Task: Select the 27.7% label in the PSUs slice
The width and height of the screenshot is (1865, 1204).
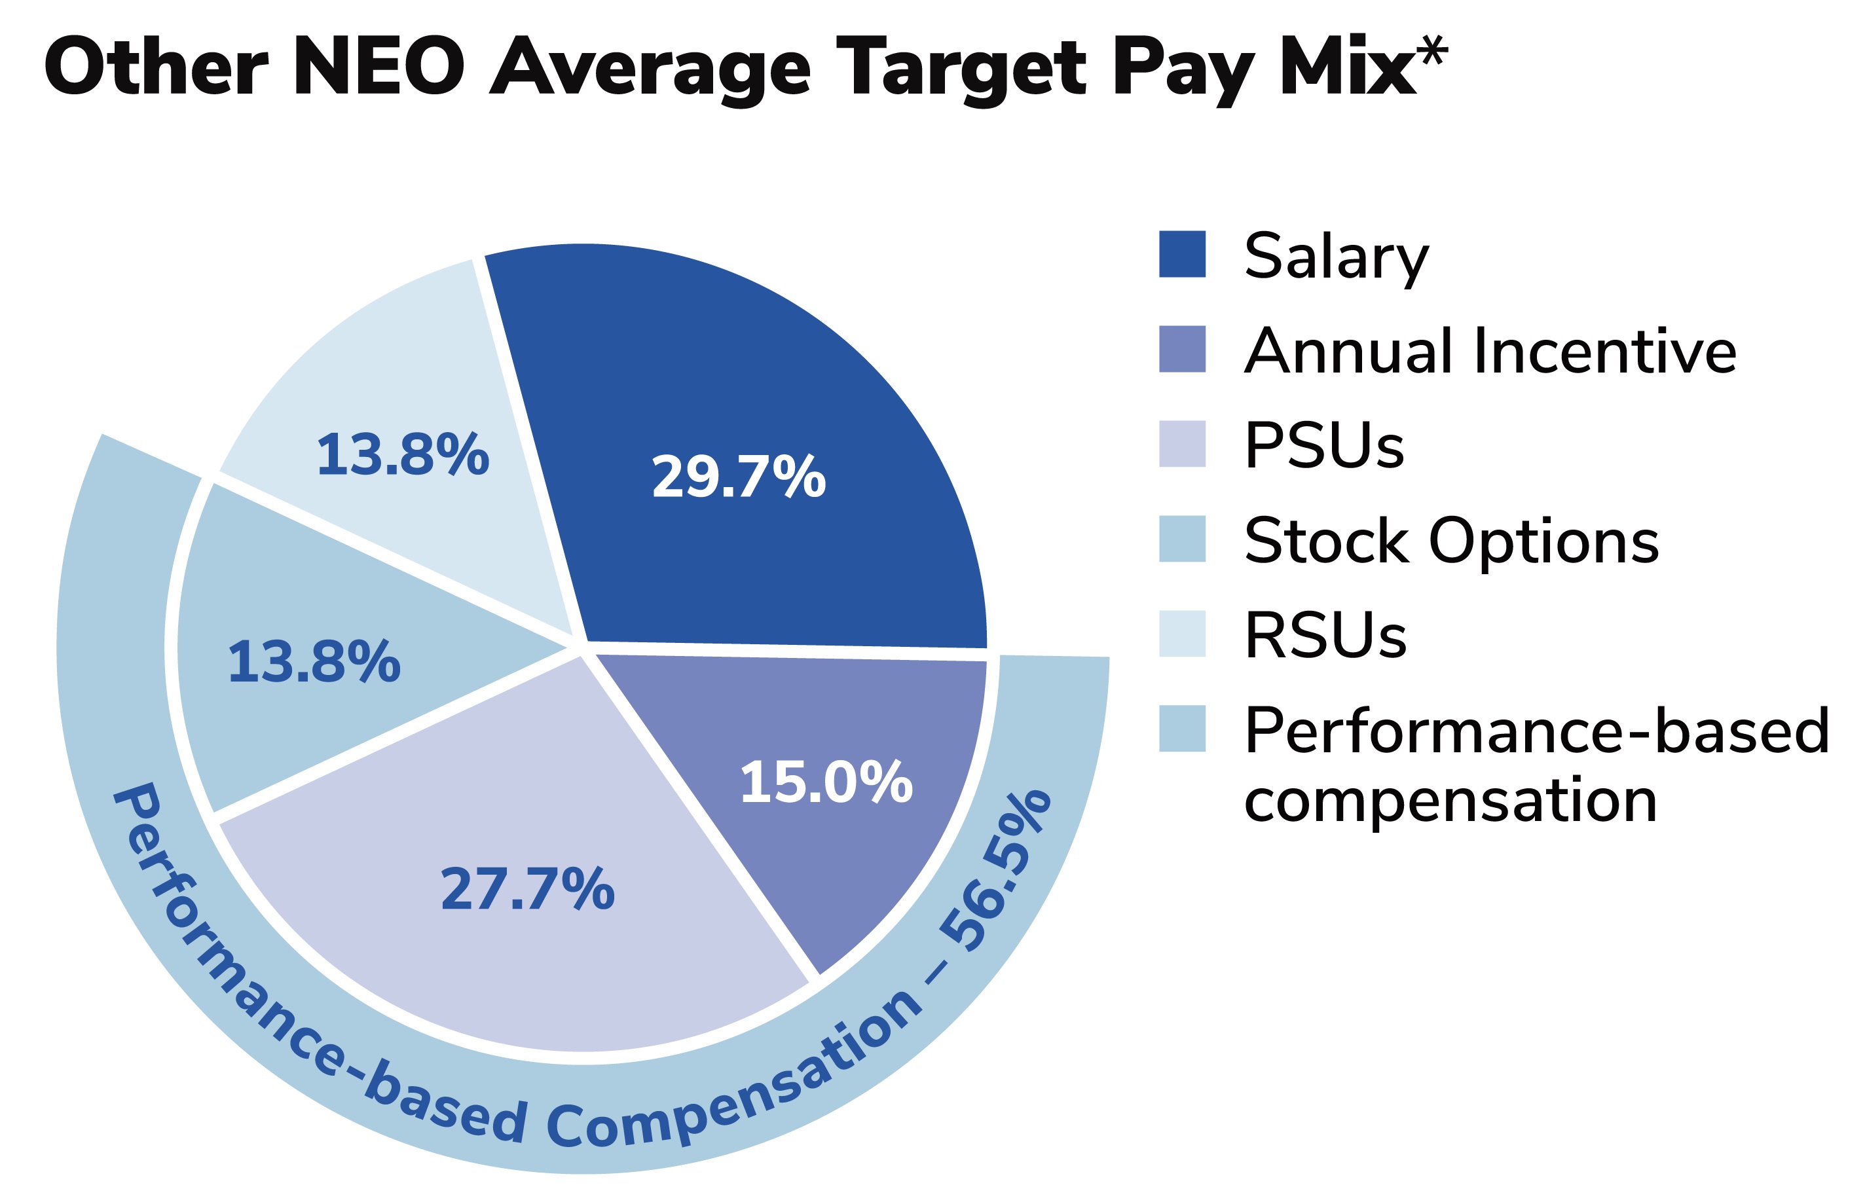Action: [x=527, y=890]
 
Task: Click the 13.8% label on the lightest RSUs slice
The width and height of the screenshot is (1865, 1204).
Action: [x=402, y=455]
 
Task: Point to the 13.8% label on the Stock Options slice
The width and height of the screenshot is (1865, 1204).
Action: [x=314, y=662]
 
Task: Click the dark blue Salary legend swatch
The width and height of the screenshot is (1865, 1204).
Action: [x=1181, y=254]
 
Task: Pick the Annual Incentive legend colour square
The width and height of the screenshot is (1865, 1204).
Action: [x=1181, y=349]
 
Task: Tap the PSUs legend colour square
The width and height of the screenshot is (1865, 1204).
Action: [x=1181, y=443]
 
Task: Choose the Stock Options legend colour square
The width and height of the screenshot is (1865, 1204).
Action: [x=1181, y=539]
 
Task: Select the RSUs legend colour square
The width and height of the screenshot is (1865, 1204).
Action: [x=1181, y=633]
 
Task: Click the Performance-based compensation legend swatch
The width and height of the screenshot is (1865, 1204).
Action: [x=1181, y=729]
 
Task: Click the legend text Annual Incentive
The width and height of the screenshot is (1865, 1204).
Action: [x=1489, y=350]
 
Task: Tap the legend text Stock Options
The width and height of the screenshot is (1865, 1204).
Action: [x=1450, y=540]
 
